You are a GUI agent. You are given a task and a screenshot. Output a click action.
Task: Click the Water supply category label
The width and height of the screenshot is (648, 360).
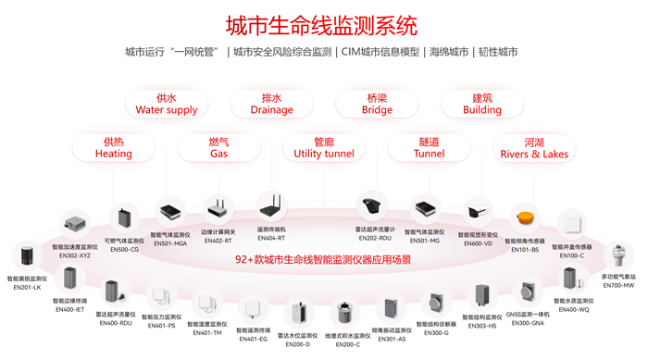click(x=167, y=104)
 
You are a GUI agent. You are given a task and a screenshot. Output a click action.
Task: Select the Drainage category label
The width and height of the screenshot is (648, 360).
click(x=271, y=104)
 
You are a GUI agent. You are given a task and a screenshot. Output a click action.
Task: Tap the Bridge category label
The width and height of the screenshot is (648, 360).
click(x=377, y=104)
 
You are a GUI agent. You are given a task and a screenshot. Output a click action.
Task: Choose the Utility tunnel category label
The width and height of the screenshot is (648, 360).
click(x=324, y=148)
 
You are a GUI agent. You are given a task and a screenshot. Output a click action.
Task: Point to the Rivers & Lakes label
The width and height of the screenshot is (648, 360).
click(x=534, y=148)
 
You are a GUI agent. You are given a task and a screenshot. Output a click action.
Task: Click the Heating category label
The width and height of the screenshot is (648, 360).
click(x=114, y=148)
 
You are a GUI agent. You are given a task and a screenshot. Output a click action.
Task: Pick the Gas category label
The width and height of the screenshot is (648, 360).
click(x=218, y=148)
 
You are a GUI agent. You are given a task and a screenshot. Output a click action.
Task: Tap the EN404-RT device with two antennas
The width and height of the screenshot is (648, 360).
click(x=271, y=206)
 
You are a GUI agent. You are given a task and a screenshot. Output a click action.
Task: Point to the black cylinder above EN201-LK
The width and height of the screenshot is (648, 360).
click(x=27, y=256)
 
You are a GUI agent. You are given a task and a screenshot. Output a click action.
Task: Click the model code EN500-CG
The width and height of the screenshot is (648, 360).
click(x=124, y=249)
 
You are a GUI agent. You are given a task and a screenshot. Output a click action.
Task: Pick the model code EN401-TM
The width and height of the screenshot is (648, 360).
click(x=206, y=333)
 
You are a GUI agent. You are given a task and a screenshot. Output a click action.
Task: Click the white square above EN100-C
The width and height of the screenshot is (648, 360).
click(x=573, y=223)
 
